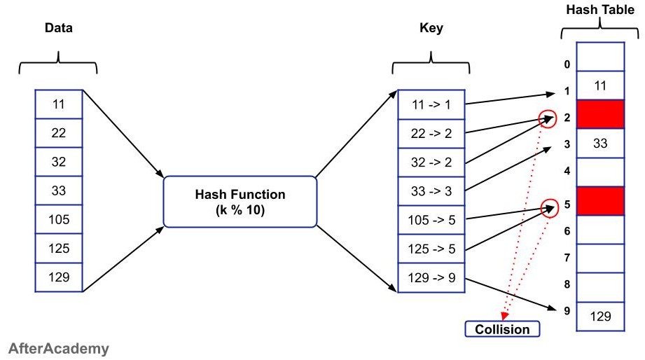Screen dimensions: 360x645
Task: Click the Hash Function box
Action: click(x=240, y=202)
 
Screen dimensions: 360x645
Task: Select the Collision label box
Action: click(x=504, y=328)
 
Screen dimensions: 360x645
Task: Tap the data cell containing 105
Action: click(x=59, y=219)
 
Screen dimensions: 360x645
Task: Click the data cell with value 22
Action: click(x=59, y=133)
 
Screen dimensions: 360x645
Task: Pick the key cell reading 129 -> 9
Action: click(x=431, y=278)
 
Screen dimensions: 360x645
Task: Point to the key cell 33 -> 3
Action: click(x=431, y=191)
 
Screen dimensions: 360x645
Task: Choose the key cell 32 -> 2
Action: click(x=431, y=162)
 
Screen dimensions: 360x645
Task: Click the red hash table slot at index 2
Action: click(x=599, y=114)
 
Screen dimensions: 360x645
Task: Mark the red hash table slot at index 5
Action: click(x=599, y=201)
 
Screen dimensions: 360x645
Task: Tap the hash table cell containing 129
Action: click(x=599, y=317)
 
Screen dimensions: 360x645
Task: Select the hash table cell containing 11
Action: click(x=599, y=85)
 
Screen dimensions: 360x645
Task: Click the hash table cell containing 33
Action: click(x=599, y=144)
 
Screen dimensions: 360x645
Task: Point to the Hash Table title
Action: click(x=599, y=9)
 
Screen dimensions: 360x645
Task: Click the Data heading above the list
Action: click(x=58, y=29)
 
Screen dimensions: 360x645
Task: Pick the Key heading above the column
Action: click(x=431, y=29)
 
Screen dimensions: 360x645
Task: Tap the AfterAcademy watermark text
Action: click(x=60, y=348)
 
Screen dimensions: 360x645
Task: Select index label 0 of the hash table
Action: click(x=567, y=65)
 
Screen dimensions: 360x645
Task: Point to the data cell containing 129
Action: click(x=59, y=277)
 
